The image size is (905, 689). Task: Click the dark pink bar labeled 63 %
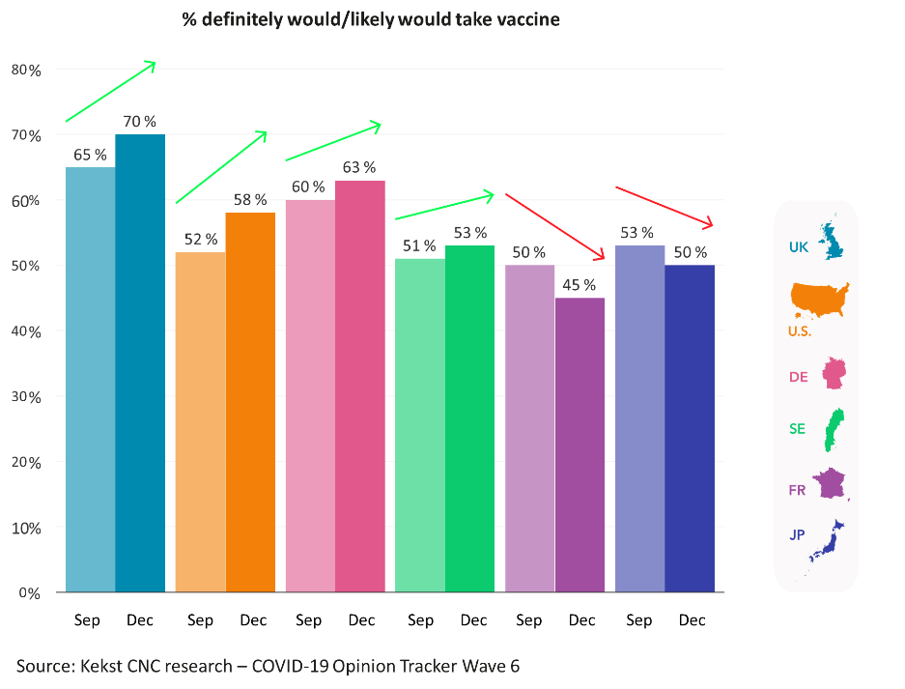click(x=360, y=386)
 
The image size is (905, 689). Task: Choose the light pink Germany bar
click(x=310, y=395)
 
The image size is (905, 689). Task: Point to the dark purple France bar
click(x=580, y=445)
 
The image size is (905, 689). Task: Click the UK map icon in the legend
click(x=832, y=242)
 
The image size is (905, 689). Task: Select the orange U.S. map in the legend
click(x=819, y=300)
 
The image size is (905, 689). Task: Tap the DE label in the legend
click(x=798, y=377)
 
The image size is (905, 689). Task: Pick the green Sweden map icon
click(x=829, y=430)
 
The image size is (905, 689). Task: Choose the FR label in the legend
click(x=797, y=490)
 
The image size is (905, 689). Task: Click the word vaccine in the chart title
click(x=527, y=19)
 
